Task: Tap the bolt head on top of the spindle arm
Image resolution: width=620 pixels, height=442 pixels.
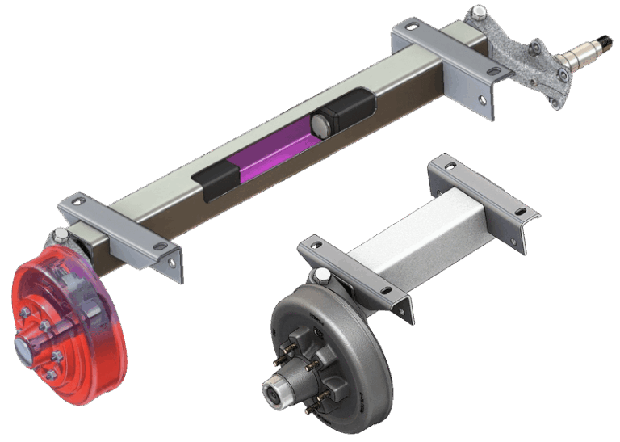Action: pyautogui.click(x=480, y=12)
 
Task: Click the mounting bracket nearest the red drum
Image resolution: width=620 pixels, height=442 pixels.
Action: pyautogui.click(x=121, y=230)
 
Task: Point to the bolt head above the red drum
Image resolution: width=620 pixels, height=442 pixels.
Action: pyautogui.click(x=61, y=235)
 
